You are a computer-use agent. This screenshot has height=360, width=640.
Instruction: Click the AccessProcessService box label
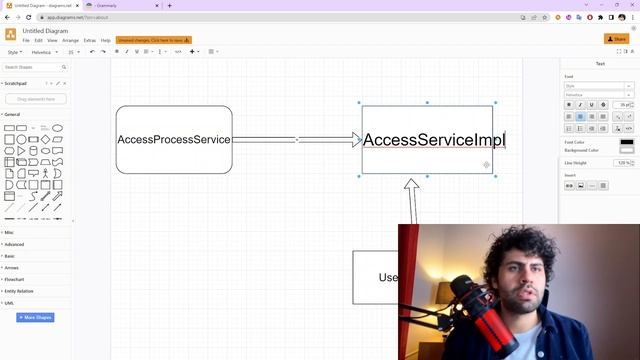pyautogui.click(x=173, y=140)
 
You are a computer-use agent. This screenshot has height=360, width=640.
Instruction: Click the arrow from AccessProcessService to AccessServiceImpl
pyautogui.click(x=296, y=140)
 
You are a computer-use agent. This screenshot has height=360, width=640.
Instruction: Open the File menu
pyautogui.click(x=26, y=40)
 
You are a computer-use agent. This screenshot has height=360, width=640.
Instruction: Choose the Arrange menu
pyautogui.click(x=70, y=40)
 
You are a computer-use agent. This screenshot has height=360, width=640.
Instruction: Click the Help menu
pyautogui.click(x=106, y=40)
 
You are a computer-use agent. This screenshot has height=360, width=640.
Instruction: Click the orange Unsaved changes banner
pyautogui.click(x=153, y=40)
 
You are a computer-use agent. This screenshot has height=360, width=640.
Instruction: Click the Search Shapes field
pyautogui.click(x=36, y=67)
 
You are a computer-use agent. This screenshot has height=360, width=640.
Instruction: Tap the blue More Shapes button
pyautogui.click(x=35, y=318)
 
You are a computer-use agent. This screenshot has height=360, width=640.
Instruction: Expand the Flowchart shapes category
pyautogui.click(x=14, y=280)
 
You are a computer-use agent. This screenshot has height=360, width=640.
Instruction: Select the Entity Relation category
pyautogui.click(x=19, y=291)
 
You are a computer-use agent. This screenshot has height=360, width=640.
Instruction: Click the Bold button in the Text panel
pyautogui.click(x=569, y=105)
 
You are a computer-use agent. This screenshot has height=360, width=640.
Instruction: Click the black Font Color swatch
pyautogui.click(x=627, y=143)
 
